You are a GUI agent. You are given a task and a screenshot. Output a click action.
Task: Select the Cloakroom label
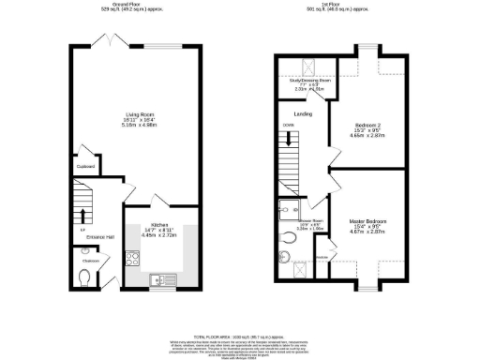pos(86,261)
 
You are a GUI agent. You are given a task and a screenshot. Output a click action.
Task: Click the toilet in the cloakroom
pos(86,277)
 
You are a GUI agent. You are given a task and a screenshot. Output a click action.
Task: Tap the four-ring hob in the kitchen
pos(132,260)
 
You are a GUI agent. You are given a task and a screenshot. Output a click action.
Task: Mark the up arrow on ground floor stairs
pos(82,229)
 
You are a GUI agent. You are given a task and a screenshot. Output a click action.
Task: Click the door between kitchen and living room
pos(161,201)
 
